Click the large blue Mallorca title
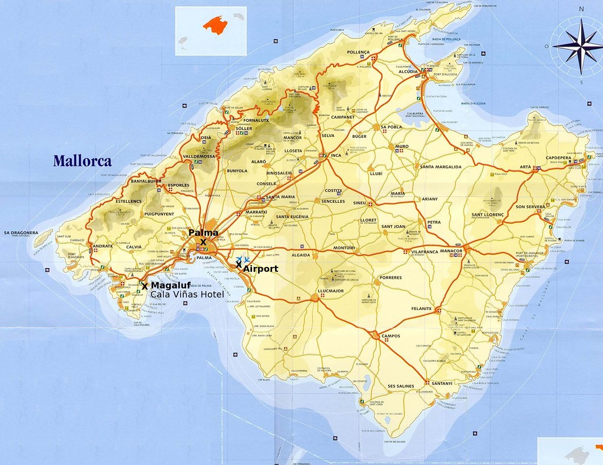pyautogui.click(x=82, y=160)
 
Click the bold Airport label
pyautogui.click(x=261, y=268)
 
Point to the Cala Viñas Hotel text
pyautogui.click(x=187, y=295)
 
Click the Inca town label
pyautogui.click(x=335, y=155)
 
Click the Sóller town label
pyautogui.click(x=244, y=128)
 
